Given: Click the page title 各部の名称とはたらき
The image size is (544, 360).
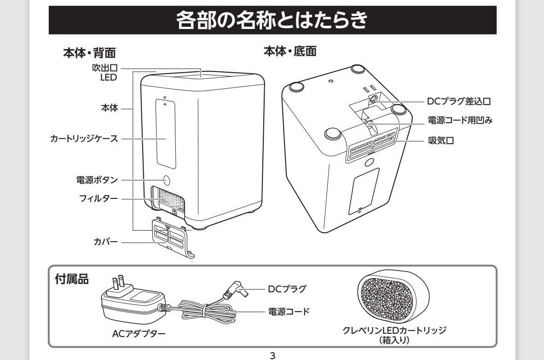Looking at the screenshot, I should pyautogui.click(x=272, y=20).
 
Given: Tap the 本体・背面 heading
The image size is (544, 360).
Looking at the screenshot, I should pyautogui.click(x=89, y=53).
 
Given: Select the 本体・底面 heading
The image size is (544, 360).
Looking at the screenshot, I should pyautogui.click(x=289, y=51).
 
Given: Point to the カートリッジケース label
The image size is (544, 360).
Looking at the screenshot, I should pyautogui.click(x=84, y=138).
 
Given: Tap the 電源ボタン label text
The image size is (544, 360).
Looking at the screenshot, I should pyautogui.click(x=97, y=180).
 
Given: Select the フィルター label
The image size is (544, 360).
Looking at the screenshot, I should pyautogui.click(x=98, y=199).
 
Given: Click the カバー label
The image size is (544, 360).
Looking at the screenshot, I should pyautogui.click(x=105, y=242).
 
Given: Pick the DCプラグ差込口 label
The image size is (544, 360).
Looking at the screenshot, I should pyautogui.click(x=462, y=101).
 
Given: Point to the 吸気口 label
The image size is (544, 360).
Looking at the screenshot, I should pyautogui.click(x=441, y=140).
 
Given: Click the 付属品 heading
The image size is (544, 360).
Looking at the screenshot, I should pyautogui.click(x=71, y=279).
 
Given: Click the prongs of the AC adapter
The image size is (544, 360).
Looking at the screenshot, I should pyautogui.click(x=117, y=284).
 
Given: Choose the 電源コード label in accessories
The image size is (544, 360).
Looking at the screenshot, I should pyautogui.click(x=289, y=312).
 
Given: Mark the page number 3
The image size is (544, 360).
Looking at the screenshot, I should pyautogui.click(x=272, y=355).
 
